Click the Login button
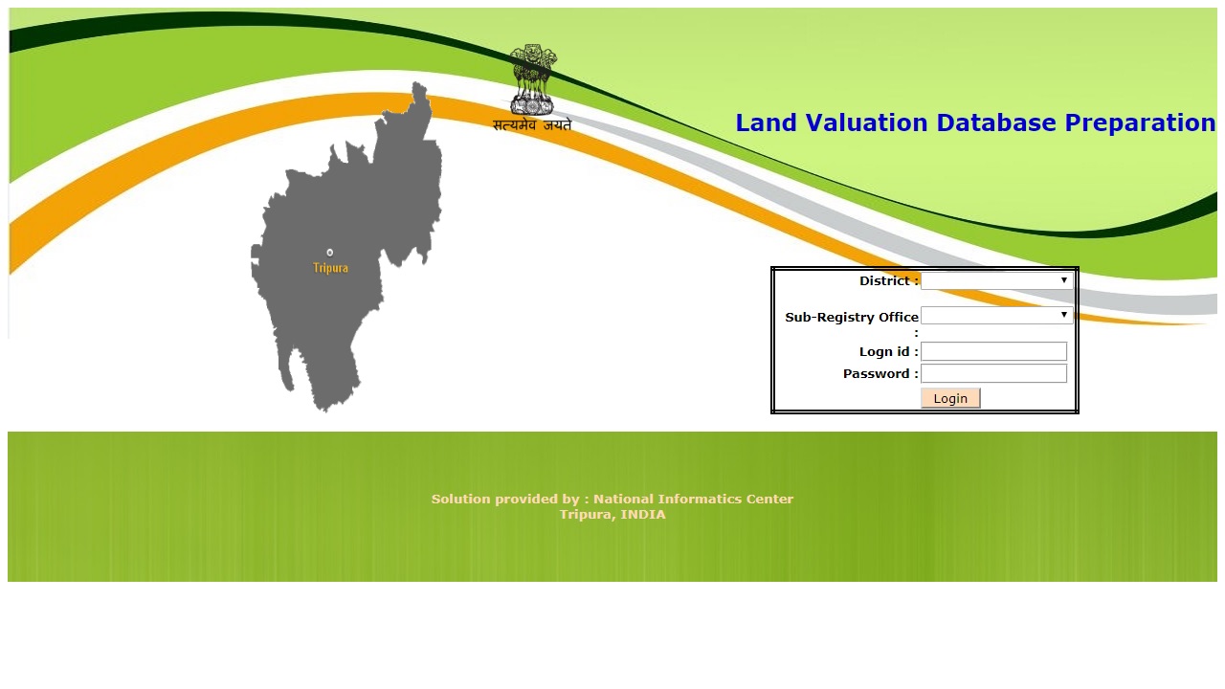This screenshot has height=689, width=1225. click(x=950, y=398)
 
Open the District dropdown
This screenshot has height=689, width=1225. click(x=996, y=281)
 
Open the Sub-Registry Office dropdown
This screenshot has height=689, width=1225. click(x=996, y=316)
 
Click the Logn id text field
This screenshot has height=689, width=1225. click(x=993, y=351)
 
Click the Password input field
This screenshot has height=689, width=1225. click(x=993, y=373)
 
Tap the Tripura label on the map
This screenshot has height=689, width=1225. click(x=330, y=268)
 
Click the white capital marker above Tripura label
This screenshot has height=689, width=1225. click(x=330, y=253)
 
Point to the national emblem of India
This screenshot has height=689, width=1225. click(x=532, y=78)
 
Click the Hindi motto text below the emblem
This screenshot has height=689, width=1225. click(x=532, y=125)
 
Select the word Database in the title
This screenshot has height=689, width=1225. click(x=996, y=123)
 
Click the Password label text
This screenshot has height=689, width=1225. click(x=880, y=374)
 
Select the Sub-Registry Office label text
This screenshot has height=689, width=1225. click(x=852, y=318)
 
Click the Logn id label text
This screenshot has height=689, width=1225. click(x=888, y=352)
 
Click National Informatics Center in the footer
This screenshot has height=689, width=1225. click(x=693, y=499)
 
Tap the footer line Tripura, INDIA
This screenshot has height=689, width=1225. click(x=612, y=515)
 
